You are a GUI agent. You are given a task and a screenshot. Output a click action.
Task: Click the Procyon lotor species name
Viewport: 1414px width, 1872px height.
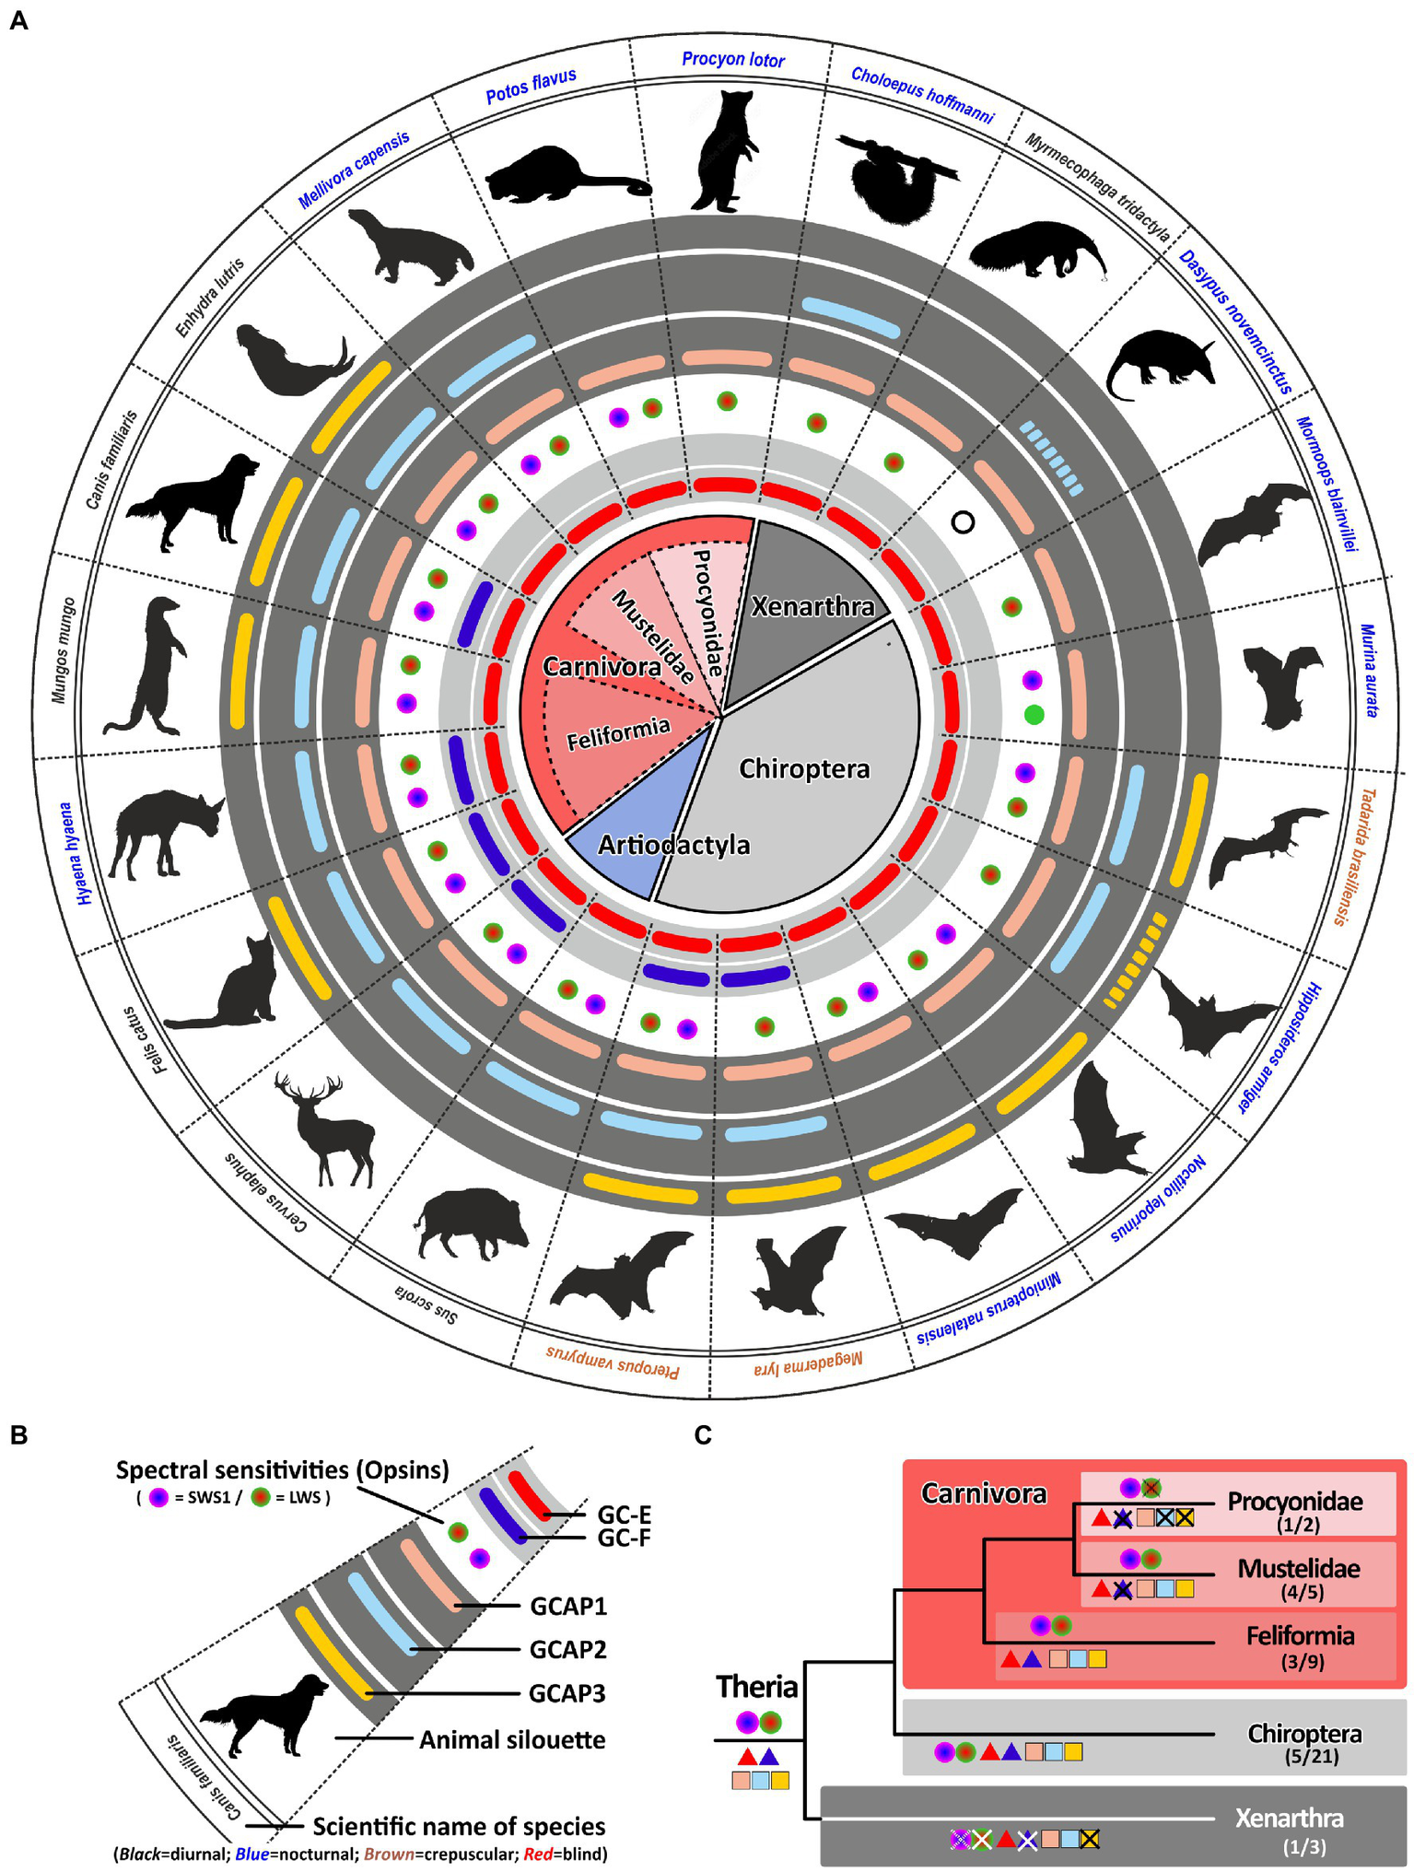732,60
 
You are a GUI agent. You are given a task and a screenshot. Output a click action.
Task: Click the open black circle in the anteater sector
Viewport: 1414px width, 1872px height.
963,522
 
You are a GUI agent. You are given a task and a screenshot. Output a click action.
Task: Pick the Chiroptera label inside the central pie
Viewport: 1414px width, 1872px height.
804,768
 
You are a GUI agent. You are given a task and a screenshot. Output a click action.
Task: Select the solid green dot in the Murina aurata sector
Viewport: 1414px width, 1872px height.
1034,714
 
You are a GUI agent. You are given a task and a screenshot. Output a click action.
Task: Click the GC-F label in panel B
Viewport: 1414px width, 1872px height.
624,1537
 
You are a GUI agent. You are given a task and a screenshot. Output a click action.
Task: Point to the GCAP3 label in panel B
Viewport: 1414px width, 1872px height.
567,1693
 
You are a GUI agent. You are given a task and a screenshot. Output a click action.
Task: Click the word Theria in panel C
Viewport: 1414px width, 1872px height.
756,1687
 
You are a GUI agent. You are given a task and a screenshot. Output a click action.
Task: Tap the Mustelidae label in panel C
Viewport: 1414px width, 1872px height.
1298,1568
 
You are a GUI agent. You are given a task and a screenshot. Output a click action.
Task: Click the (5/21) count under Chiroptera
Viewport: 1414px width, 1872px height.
1312,1757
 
